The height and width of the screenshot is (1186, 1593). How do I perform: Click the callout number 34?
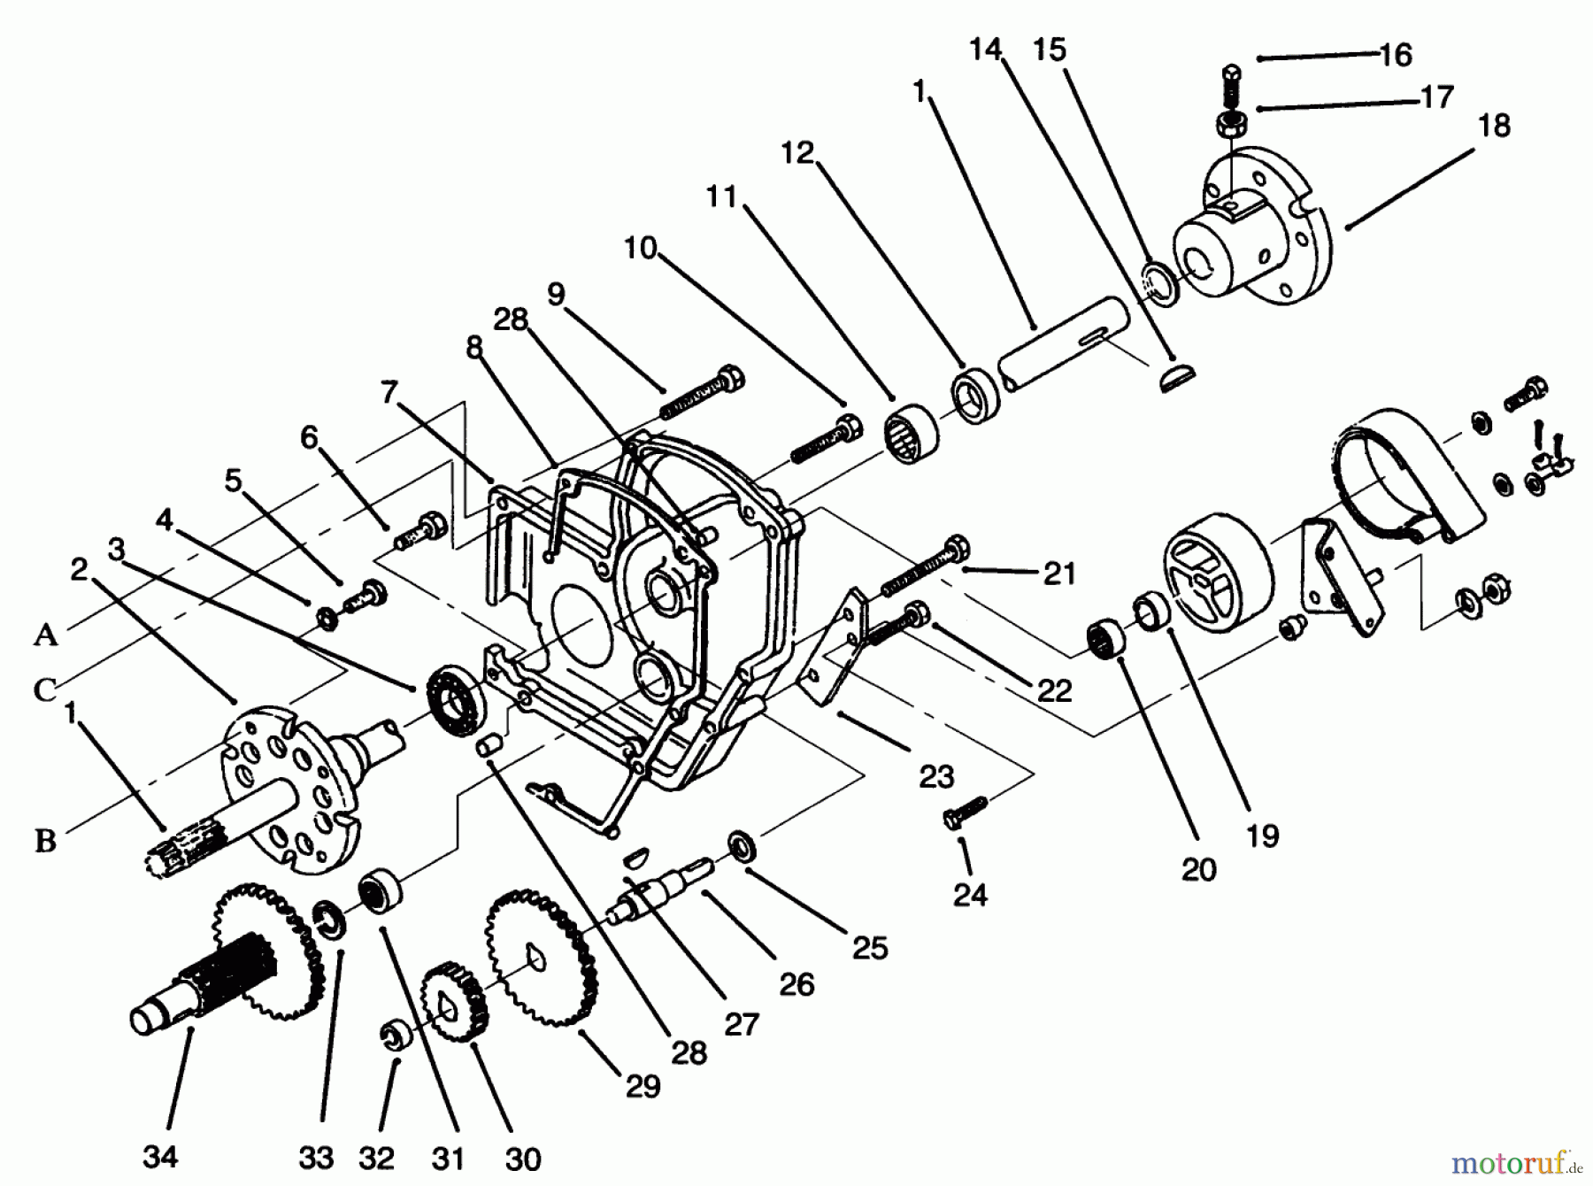(160, 1156)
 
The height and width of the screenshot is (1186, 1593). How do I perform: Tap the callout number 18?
(1494, 127)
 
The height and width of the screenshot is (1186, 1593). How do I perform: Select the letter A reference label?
(46, 635)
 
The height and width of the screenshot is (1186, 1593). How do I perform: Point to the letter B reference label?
(46, 841)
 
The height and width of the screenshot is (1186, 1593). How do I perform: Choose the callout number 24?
(970, 895)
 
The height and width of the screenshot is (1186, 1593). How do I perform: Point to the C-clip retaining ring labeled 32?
(393, 1037)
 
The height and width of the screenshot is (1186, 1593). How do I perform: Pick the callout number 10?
(640, 248)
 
